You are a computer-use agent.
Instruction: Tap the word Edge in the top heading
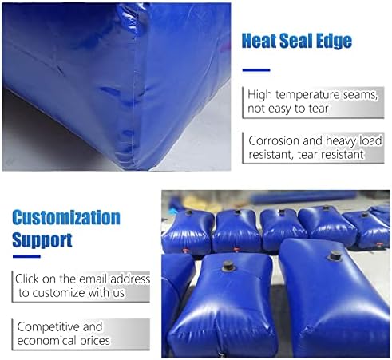tap(335, 42)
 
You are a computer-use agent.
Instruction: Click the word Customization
tap(66, 218)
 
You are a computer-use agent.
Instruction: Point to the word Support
tap(42, 239)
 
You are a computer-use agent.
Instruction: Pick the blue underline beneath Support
tap(27, 257)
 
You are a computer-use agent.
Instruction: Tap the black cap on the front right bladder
tap(336, 256)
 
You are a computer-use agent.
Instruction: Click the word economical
tap(49, 341)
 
